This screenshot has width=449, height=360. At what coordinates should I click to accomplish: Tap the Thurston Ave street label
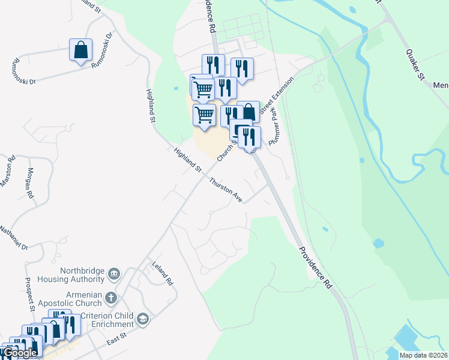point(226,190)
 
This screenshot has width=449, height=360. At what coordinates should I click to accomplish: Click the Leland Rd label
point(163,273)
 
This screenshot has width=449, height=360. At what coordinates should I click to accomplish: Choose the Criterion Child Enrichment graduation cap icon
point(142,319)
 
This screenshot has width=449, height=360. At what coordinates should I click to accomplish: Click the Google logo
point(20,353)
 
